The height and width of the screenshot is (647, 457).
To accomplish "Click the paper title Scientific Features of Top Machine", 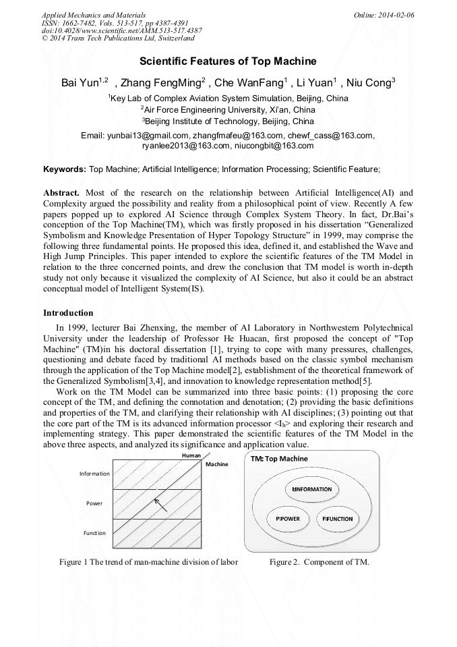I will pos(228,61).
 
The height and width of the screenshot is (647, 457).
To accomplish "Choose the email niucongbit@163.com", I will pos(274,145).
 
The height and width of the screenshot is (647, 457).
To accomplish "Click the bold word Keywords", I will pos(64,168).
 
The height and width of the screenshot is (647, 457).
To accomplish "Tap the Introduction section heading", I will pos(68,313).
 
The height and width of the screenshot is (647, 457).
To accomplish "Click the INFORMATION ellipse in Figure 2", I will pos(312,489).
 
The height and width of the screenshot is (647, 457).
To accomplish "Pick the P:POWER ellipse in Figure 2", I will pos(287,519).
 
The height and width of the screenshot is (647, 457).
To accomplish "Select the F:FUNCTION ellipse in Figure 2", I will pos(337,519).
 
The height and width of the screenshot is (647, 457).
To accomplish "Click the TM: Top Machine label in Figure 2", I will pos(279,459).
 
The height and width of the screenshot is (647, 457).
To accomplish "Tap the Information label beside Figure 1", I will pos(94,474).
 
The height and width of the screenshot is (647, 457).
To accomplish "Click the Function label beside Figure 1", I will pos(94,533).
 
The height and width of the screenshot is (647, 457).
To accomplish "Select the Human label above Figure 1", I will pos(192,456).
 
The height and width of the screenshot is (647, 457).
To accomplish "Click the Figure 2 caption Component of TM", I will pos(319,562).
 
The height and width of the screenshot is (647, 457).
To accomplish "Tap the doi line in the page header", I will pos(121,31).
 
